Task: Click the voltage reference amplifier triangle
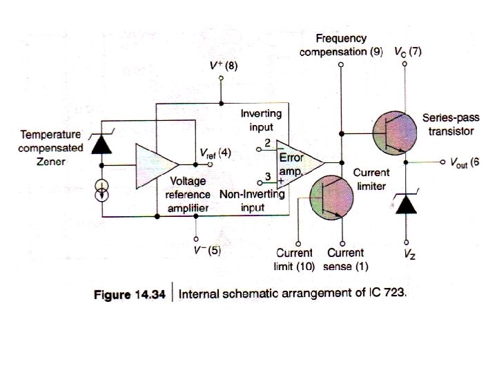(156, 165)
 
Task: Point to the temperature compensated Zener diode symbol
(102, 144)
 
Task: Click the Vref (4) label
(215, 153)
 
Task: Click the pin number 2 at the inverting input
(266, 143)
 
